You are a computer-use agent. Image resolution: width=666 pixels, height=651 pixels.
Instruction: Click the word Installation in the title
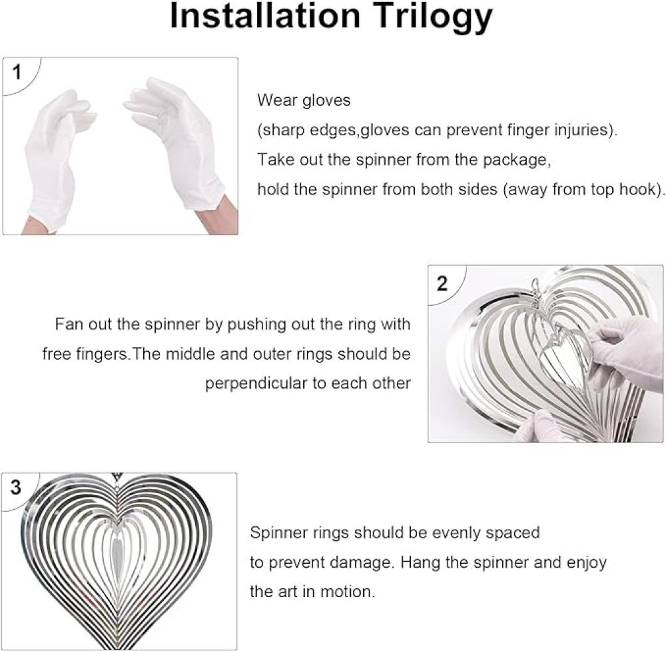point(265,16)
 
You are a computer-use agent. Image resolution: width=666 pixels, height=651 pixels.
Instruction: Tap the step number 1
point(17,72)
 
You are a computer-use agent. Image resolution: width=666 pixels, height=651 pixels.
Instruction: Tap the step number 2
point(442,283)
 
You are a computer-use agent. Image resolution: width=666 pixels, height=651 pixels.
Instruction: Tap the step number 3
point(16,487)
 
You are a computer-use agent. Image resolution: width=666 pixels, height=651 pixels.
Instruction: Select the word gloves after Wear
point(326,101)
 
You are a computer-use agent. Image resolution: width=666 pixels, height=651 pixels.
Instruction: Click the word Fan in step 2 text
point(68,325)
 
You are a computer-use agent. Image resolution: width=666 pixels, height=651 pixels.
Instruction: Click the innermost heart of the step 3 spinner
point(117,552)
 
